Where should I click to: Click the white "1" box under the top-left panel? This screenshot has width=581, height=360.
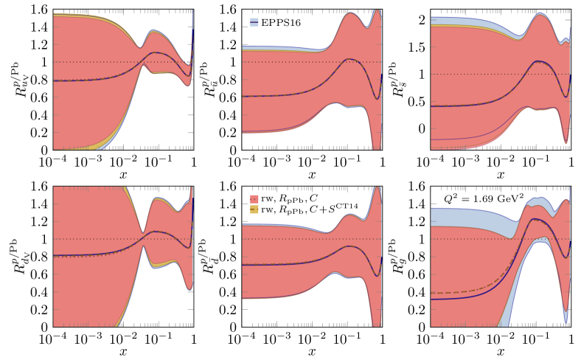194,162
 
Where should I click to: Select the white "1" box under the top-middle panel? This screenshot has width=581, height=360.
383,162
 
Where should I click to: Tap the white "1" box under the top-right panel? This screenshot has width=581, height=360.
571,162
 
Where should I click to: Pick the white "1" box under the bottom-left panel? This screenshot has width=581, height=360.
194,339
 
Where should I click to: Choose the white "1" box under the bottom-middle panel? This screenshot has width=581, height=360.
383,339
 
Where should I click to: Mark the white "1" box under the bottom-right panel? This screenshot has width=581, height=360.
571,339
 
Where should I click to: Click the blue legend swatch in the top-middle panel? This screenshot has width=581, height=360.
254,22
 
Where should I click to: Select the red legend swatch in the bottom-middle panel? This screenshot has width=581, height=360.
254,199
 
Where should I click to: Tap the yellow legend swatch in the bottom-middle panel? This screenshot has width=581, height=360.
254,210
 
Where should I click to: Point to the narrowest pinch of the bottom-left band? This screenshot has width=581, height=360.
144,233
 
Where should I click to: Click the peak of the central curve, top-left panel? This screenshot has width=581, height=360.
153,52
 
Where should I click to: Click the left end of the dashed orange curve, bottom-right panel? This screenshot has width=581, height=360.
433,293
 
